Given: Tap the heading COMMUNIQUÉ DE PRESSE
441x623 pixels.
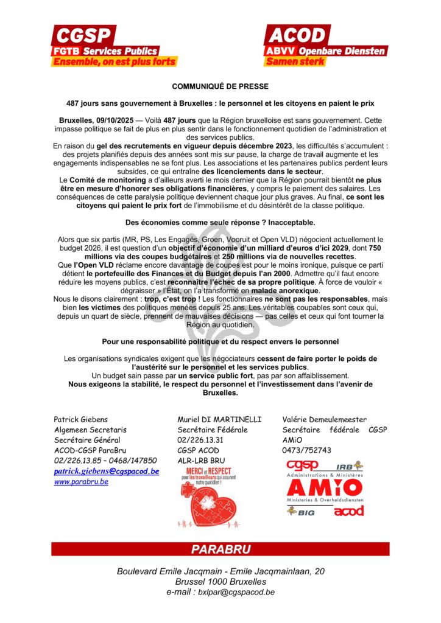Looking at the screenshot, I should (x=220, y=86).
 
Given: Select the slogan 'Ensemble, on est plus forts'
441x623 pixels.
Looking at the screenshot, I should (x=115, y=61).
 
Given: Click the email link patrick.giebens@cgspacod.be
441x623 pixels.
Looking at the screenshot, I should (x=107, y=471).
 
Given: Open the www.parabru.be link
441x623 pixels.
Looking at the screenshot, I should (x=81, y=481).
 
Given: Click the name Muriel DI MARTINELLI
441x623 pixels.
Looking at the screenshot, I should (x=219, y=419).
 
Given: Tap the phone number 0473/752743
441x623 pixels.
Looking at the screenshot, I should (x=307, y=450).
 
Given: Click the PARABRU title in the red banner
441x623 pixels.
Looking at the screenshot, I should (x=220, y=549).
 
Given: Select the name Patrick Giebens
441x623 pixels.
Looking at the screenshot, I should (x=80, y=419).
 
